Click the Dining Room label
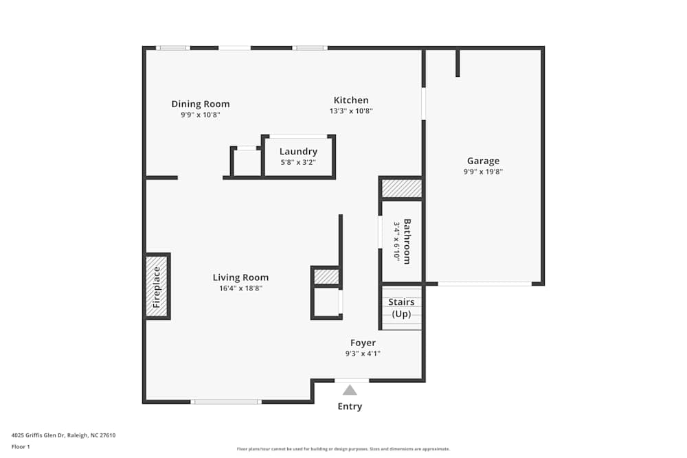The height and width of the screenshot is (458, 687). click(201, 104)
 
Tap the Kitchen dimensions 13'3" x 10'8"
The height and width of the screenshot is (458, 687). click(351, 111)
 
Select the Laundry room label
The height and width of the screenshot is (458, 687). click(298, 152)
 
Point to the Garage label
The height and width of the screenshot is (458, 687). click(483, 161)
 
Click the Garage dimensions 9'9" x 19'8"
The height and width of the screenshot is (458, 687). click(483, 172)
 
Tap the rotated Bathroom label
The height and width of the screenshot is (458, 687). click(407, 241)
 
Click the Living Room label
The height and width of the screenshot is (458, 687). click(240, 277)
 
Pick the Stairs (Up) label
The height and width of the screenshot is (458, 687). click(401, 308)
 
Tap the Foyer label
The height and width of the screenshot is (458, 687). click(363, 343)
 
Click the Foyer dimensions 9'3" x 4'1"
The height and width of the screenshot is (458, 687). click(363, 354)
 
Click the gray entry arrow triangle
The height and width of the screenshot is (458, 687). click(350, 390)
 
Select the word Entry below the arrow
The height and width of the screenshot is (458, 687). click(350, 407)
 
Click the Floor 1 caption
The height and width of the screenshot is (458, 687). click(21, 446)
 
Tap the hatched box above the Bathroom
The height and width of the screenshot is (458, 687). click(401, 188)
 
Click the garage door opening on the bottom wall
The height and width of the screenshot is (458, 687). click(484, 284)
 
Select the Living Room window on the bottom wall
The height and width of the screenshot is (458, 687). click(226, 402)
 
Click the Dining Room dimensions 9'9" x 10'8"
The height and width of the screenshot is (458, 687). click(201, 115)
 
